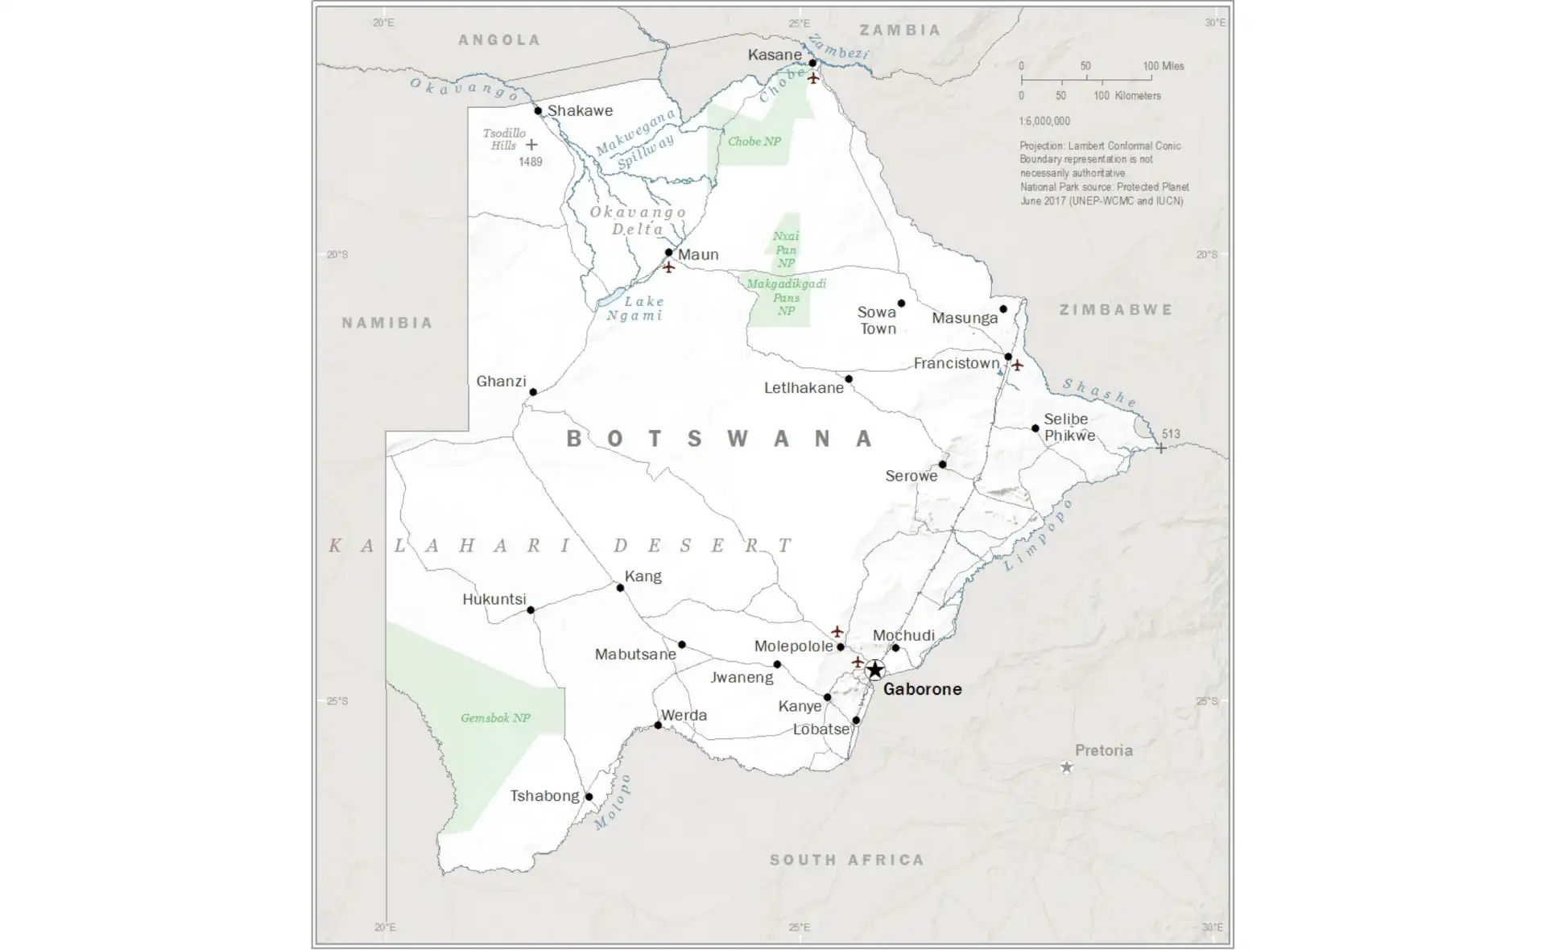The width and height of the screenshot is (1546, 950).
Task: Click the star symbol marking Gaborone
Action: point(874,670)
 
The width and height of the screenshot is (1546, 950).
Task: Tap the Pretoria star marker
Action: point(1066,767)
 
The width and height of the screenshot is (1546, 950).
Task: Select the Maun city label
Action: point(698,254)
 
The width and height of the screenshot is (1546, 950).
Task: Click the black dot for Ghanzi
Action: point(533,392)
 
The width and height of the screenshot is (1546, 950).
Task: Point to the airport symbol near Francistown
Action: point(1018,365)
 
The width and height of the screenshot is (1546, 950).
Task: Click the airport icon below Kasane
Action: point(813,78)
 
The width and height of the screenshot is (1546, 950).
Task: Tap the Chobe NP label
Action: point(754,141)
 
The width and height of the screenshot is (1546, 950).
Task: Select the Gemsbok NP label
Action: point(495,717)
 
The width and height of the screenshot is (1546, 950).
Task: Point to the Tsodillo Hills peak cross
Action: point(531,145)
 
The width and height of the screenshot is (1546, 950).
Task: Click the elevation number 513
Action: point(1171,434)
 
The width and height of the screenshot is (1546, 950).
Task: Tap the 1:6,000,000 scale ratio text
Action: point(1044,121)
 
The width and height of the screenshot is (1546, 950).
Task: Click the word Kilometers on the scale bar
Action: point(1138,96)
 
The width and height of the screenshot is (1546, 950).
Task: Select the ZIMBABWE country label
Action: point(1116,310)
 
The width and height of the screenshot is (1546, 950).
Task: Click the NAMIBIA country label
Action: point(387,323)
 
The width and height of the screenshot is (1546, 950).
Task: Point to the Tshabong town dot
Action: point(589,797)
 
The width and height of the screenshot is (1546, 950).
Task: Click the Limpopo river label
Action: point(1039,535)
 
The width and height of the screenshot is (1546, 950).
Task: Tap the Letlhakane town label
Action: point(804,388)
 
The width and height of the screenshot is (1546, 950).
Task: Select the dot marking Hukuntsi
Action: point(531,610)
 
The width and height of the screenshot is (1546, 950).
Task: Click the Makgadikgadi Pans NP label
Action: point(786,297)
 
